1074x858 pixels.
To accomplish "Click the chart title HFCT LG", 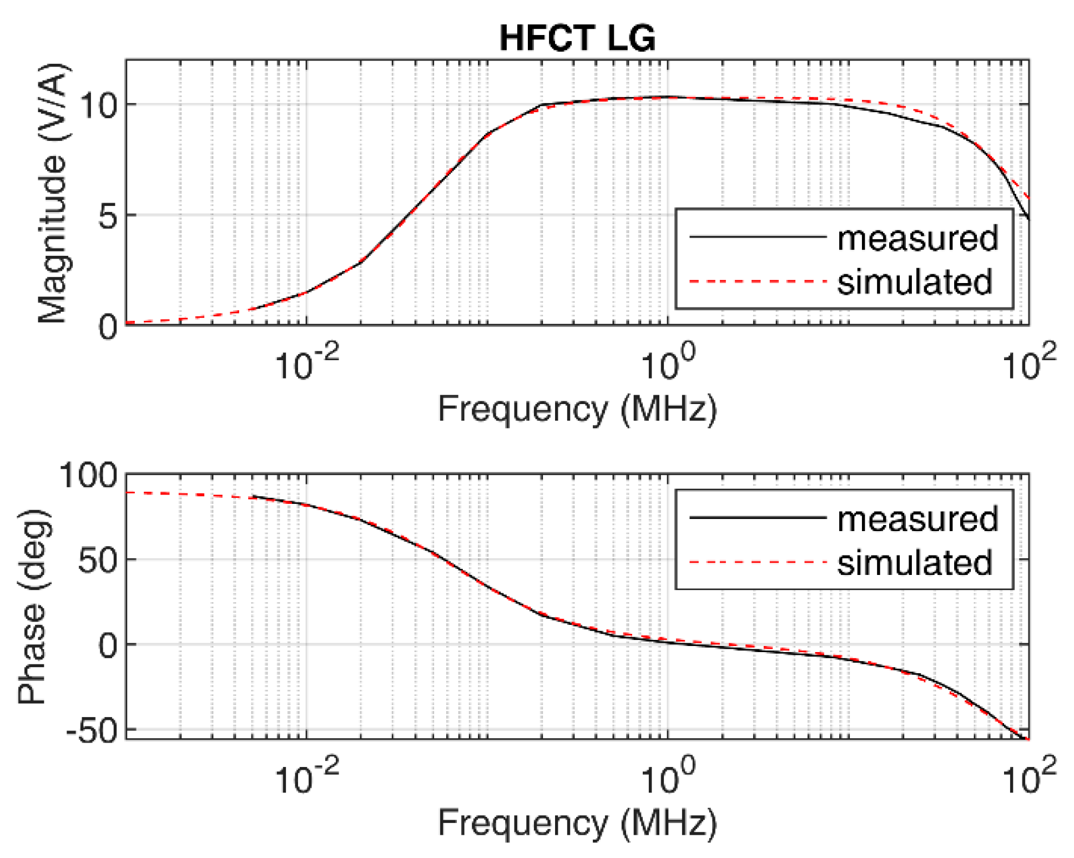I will (577, 38).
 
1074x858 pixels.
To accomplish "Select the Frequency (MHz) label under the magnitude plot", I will (577, 410).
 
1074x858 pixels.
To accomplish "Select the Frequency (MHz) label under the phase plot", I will (577, 822).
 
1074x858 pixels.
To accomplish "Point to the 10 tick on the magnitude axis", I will (99, 104).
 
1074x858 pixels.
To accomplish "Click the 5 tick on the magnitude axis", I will (108, 215).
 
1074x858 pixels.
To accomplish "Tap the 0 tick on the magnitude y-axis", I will (108, 326).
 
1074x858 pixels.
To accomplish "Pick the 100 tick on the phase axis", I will (89, 475).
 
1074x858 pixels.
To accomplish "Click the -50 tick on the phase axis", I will (92, 730).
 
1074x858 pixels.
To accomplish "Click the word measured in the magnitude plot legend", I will (917, 238).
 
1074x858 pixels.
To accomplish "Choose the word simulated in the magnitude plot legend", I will (914, 282).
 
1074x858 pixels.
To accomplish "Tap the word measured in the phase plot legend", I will (917, 519).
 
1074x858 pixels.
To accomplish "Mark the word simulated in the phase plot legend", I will (914, 563).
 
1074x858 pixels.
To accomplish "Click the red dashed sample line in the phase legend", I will (757, 563).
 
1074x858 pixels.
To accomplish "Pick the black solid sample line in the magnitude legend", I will (757, 237).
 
